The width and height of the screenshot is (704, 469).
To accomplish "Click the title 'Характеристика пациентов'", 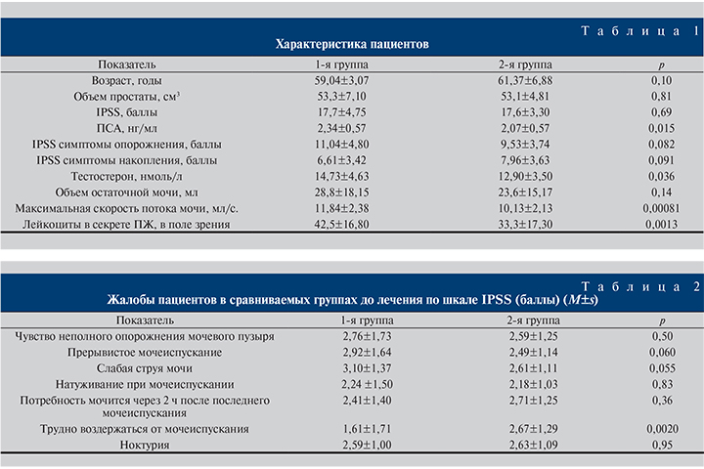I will [x=352, y=44].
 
